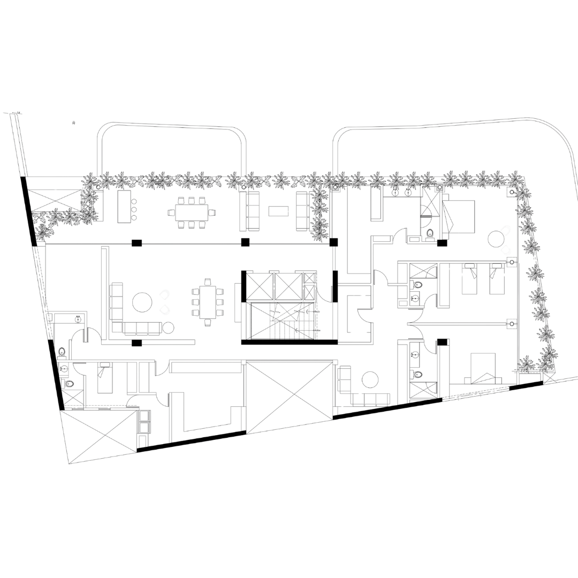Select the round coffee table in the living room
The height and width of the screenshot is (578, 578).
(143, 302)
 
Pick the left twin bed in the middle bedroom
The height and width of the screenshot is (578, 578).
(469, 278)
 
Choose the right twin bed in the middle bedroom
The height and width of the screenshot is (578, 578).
(496, 278)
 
